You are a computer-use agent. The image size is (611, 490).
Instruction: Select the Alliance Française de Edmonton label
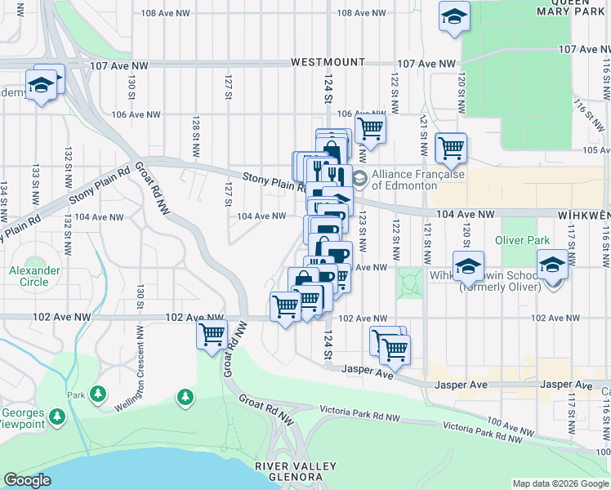(x=417, y=180)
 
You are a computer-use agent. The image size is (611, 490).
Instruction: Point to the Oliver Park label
(x=523, y=240)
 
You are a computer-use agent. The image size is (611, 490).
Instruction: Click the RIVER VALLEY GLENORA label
(x=295, y=471)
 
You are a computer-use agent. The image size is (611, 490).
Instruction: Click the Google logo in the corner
(x=27, y=480)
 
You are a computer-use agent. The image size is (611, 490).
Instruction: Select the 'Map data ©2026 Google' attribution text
(x=560, y=483)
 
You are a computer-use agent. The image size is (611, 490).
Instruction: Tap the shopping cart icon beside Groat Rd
(x=212, y=334)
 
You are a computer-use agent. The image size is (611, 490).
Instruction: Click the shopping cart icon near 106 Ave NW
(x=370, y=127)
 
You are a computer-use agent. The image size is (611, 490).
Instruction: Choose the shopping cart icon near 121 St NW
(x=450, y=148)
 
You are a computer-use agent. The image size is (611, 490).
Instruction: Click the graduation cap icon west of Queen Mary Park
(x=453, y=16)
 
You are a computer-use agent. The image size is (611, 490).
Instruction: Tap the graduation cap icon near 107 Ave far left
(x=39, y=85)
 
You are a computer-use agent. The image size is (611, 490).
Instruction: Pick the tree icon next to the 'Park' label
(x=98, y=394)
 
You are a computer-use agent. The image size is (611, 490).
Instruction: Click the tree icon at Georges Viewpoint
(x=56, y=417)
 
